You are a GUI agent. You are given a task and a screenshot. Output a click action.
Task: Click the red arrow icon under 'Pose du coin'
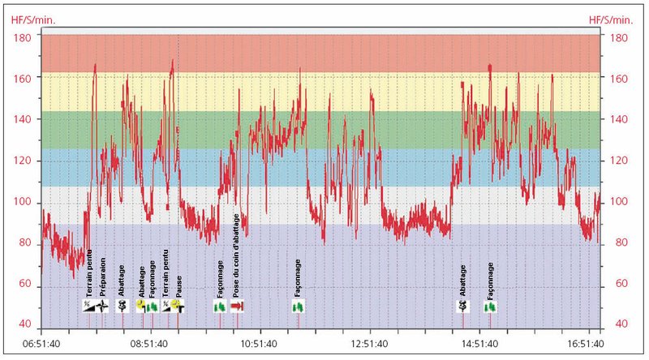pyautogui.click(x=238, y=306)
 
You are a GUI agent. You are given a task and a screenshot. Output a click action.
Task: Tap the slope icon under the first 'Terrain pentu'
pyautogui.click(x=88, y=306)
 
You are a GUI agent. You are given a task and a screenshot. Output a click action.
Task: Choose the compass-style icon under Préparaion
pyautogui.click(x=102, y=306)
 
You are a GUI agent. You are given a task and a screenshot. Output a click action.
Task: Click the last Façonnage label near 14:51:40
pyautogui.click(x=491, y=281)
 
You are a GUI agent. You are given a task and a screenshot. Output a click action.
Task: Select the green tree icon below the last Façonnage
pyautogui.click(x=491, y=306)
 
